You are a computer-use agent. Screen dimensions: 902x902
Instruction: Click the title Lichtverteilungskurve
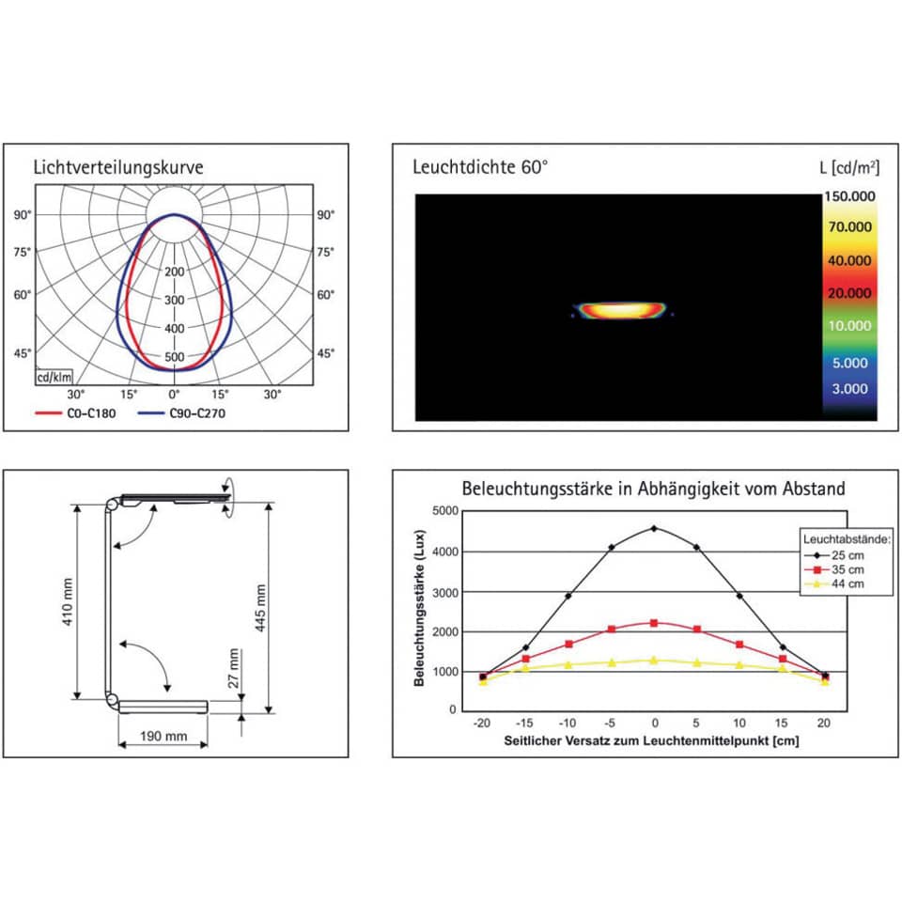pos(118,168)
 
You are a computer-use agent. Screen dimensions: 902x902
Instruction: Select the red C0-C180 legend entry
pos(76,412)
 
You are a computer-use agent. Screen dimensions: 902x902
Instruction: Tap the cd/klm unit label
pos(54,378)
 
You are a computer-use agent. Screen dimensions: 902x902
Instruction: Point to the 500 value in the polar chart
pos(175,357)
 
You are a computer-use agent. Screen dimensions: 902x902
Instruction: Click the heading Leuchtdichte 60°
pos(480,168)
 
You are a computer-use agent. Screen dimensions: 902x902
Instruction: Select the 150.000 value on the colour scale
pos(849,196)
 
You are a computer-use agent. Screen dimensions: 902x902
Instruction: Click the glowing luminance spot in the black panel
pos(620,309)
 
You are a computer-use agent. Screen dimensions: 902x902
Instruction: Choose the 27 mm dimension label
pos(234,669)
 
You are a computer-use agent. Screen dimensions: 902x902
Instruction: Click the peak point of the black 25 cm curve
pos(655,528)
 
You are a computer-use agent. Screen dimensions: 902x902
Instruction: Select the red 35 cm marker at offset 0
pos(655,623)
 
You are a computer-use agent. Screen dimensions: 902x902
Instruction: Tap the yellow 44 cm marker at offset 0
pos(655,660)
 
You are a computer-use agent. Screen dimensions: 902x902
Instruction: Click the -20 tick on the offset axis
pos(482,723)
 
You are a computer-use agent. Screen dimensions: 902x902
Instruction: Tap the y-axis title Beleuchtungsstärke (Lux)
pos(420,610)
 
